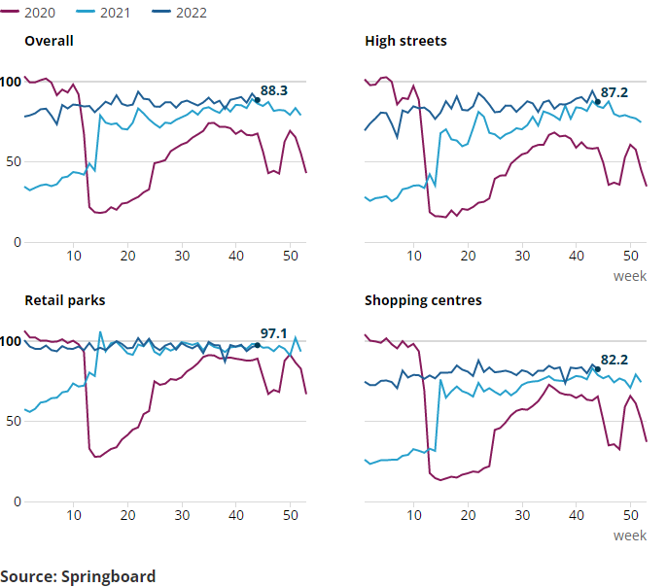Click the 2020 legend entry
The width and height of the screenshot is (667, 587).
[x=35, y=14]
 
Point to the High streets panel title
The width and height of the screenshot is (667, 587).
[x=405, y=41]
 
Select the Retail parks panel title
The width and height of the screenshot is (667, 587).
[x=65, y=300]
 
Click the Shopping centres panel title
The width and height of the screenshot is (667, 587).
[x=423, y=300]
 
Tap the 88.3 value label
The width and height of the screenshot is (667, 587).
[x=274, y=90]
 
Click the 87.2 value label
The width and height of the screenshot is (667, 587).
[x=614, y=93]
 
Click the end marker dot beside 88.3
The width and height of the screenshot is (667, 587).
[x=257, y=100]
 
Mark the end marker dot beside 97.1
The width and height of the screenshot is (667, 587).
[x=257, y=345]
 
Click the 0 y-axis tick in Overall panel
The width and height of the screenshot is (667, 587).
[x=16, y=241]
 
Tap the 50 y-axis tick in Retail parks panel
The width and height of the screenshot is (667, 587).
[x=12, y=421]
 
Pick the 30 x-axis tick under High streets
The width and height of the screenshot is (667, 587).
[x=522, y=255]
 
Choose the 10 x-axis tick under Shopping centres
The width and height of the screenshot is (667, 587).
[x=414, y=515]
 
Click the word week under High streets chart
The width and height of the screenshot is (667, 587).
[x=630, y=276]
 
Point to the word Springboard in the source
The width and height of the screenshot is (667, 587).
[x=108, y=576]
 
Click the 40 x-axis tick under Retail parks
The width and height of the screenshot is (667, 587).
[x=236, y=515]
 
